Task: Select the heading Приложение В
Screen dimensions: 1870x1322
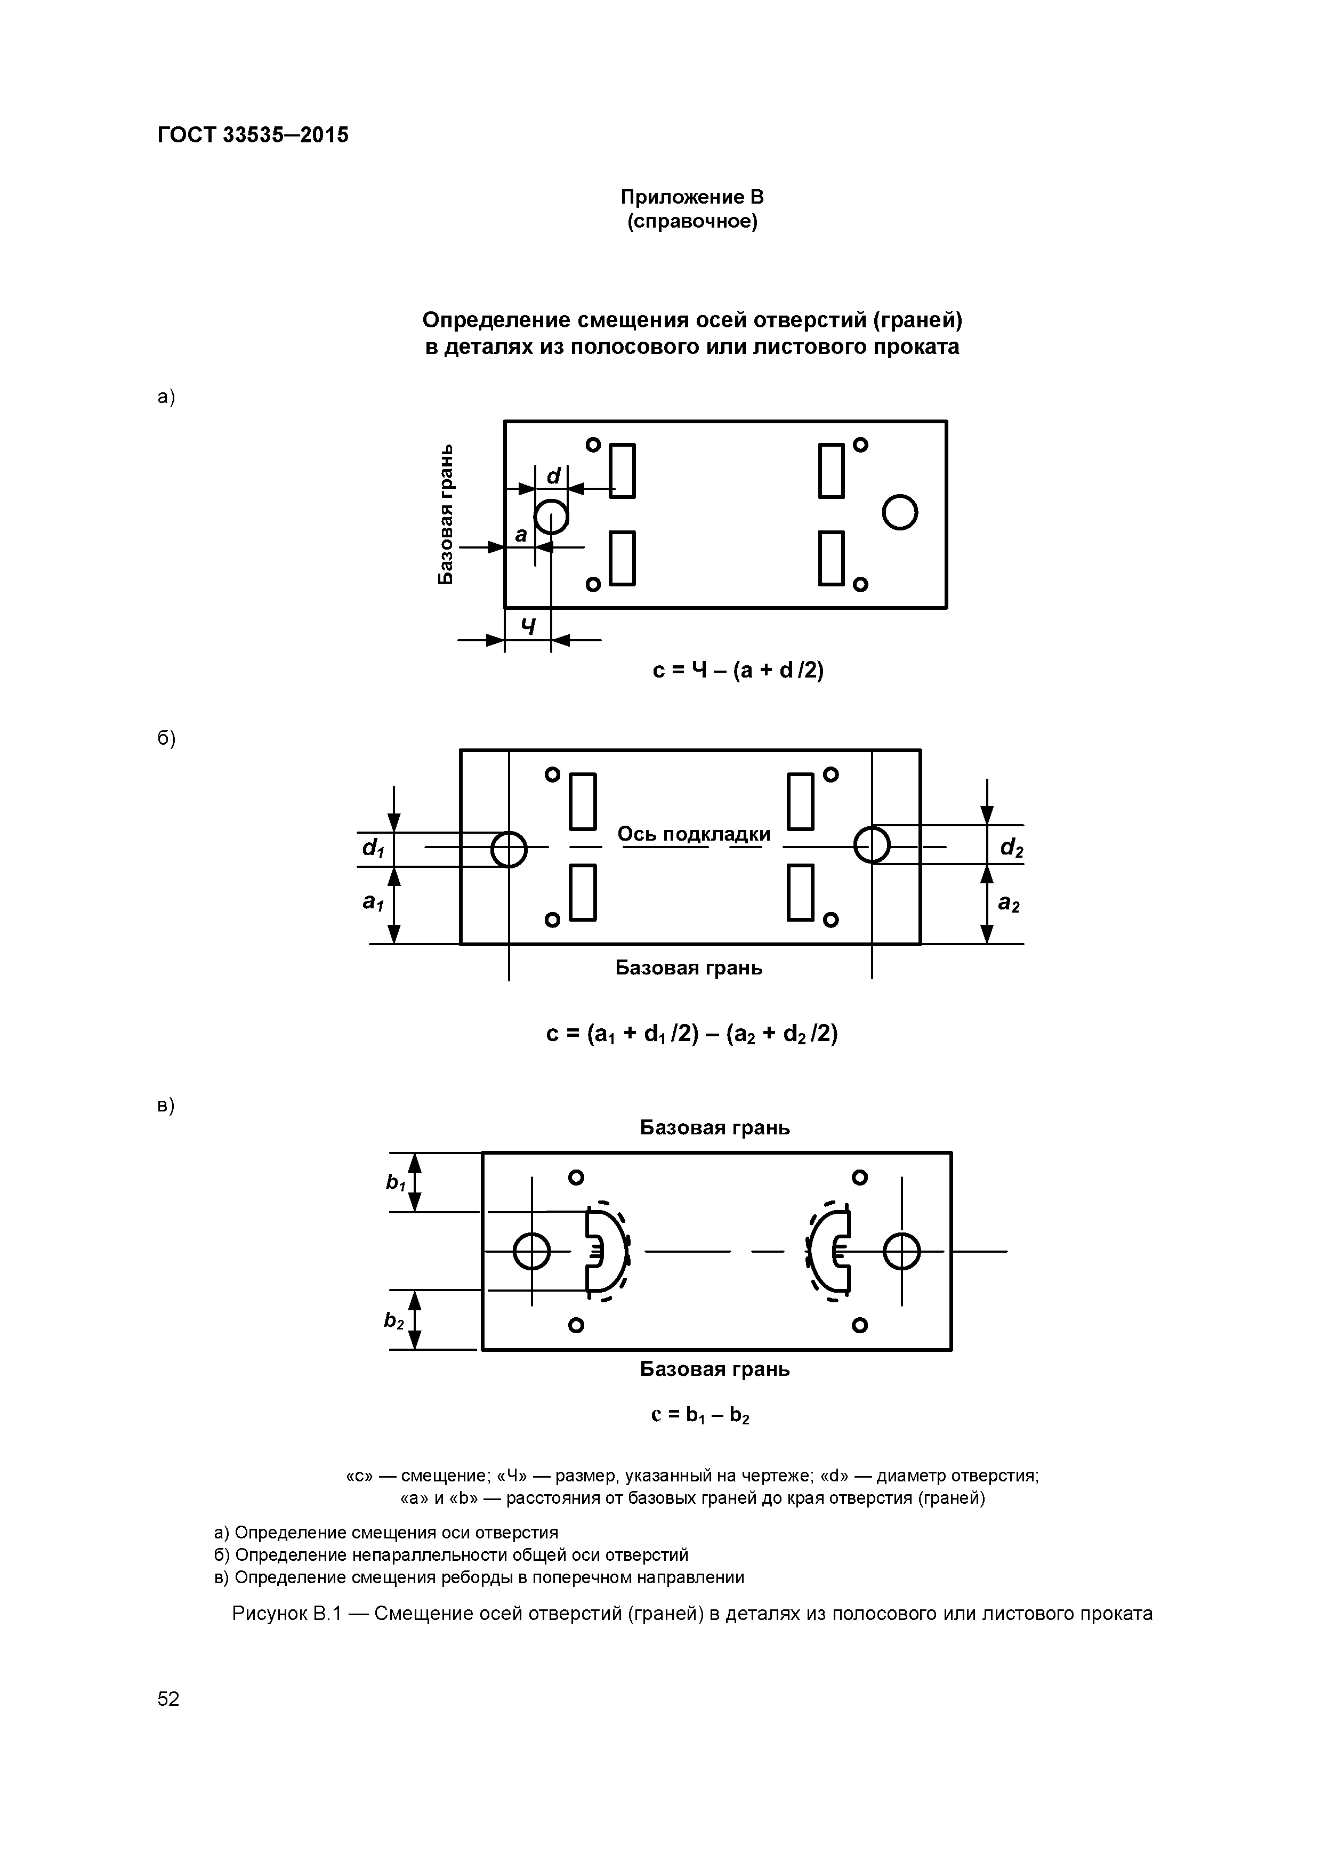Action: [691, 197]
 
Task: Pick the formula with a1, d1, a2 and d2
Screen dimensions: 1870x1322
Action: [691, 1034]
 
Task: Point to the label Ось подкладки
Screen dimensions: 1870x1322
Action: [693, 834]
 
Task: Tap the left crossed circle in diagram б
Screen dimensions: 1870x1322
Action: [509, 850]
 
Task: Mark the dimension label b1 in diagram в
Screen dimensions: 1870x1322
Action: [396, 1182]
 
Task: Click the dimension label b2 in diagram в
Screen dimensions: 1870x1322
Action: [394, 1320]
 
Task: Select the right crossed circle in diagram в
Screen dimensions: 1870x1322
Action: [901, 1251]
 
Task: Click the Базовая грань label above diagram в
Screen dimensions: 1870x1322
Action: [714, 1127]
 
